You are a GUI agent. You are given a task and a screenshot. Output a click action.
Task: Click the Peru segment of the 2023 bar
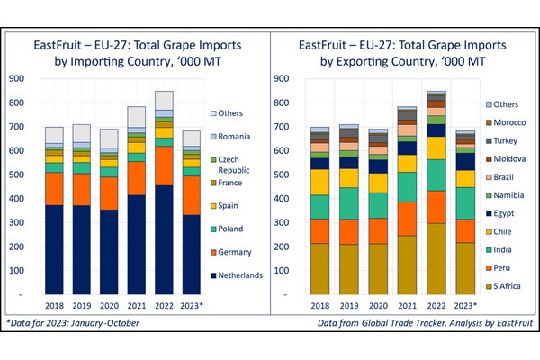(x=465, y=231)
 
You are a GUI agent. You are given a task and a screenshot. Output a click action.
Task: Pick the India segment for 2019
(x=348, y=202)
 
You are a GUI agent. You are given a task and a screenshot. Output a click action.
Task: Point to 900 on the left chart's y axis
(x=14, y=78)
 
